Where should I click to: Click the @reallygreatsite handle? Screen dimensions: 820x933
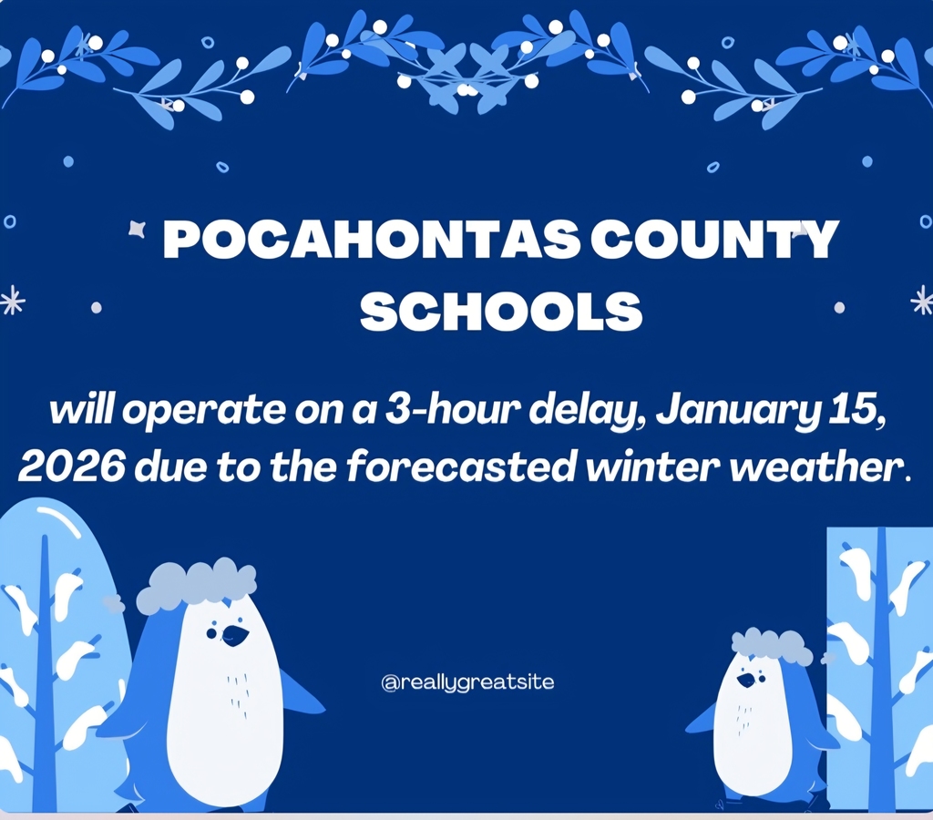click(467, 682)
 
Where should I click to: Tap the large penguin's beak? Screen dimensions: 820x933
click(234, 636)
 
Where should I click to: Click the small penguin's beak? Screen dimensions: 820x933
click(746, 680)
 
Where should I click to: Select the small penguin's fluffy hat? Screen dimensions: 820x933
click(772, 645)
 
